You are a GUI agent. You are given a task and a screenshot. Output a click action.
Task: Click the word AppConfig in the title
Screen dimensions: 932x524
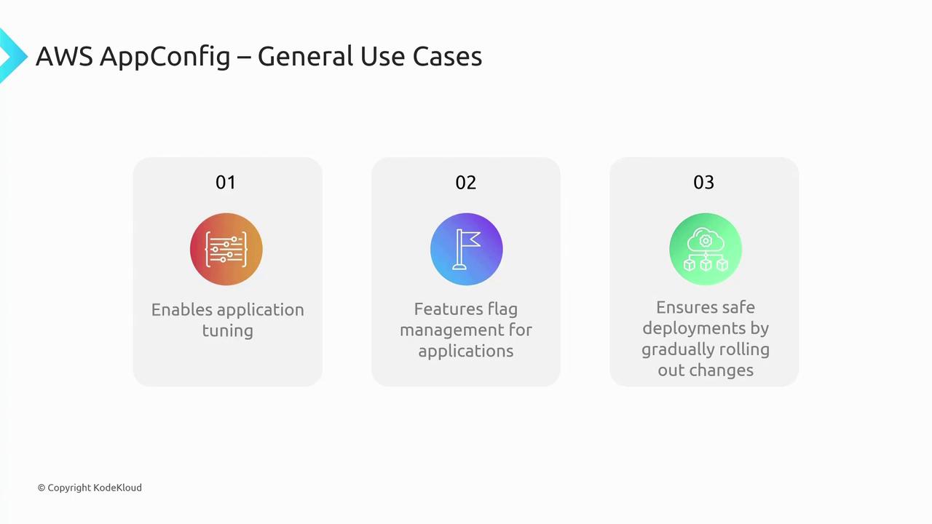pyautogui.click(x=165, y=57)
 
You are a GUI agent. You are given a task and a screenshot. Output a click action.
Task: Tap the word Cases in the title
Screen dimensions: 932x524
pyautogui.click(x=447, y=56)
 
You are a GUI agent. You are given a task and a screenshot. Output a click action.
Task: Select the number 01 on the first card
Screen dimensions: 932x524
pyautogui.click(x=226, y=182)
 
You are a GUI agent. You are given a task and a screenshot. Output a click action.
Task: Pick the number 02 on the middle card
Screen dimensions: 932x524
pyautogui.click(x=465, y=182)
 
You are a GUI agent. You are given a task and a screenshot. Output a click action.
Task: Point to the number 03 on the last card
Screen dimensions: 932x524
pyautogui.click(x=703, y=182)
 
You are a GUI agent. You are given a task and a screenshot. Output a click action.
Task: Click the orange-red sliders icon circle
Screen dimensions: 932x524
pyautogui.click(x=226, y=249)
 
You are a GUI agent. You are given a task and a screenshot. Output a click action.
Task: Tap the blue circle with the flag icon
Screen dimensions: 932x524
pyautogui.click(x=467, y=249)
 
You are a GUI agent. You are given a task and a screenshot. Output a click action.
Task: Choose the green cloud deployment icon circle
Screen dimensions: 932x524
pyautogui.click(x=706, y=249)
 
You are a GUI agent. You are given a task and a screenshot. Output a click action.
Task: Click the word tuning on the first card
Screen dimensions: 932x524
pyautogui.click(x=228, y=331)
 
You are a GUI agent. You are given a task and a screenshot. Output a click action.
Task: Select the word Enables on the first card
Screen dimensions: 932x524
pyautogui.click(x=182, y=310)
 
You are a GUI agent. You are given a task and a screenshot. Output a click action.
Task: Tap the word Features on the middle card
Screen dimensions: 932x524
pyautogui.click(x=448, y=309)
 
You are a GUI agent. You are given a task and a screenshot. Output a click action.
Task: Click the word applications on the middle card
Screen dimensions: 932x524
pyautogui.click(x=465, y=352)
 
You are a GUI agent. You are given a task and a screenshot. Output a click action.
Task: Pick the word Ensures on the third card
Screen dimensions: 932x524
pyautogui.click(x=683, y=307)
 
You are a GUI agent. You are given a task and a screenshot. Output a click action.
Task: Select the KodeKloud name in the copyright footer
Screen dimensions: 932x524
pyautogui.click(x=117, y=488)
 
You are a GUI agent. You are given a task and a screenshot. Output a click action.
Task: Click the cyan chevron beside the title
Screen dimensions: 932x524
pyautogui.click(x=12, y=56)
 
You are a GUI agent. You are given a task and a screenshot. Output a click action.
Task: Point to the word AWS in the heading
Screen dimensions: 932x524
pyautogui.click(x=64, y=56)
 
